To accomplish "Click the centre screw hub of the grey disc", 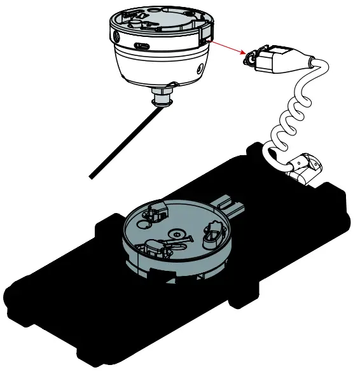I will (174, 237).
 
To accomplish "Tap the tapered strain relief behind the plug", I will (305, 62).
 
